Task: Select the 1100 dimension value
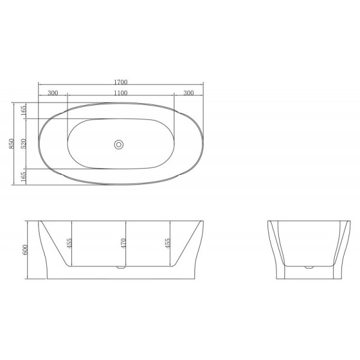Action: [120, 93]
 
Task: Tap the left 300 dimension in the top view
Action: [52, 93]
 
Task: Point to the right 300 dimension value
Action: [188, 93]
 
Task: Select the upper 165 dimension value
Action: [23, 111]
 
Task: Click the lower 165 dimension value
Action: [23, 177]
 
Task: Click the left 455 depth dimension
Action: [70, 243]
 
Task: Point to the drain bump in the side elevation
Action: [122, 268]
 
